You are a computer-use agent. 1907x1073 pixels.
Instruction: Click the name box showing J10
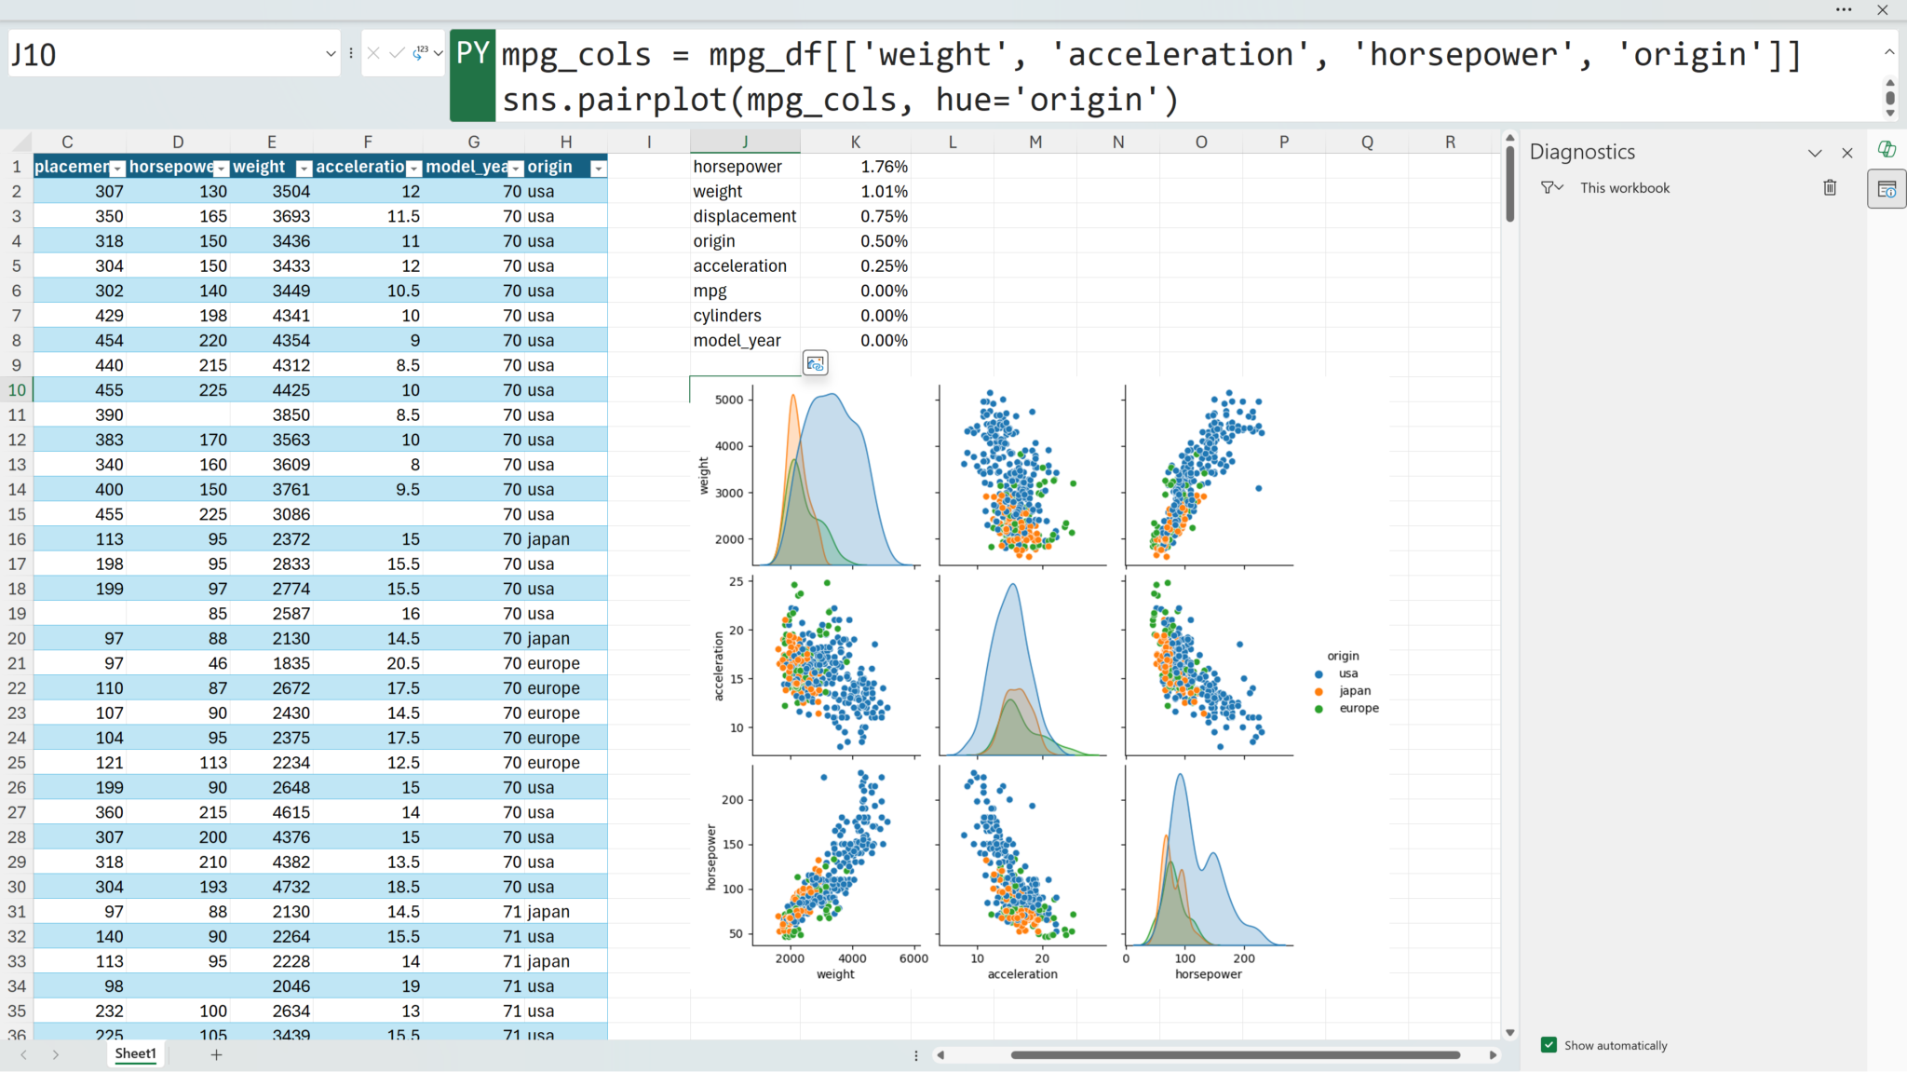[x=168, y=55]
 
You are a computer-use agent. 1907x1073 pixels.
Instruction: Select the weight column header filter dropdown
[x=304, y=169]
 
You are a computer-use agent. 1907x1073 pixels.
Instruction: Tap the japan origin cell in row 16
[x=548, y=539]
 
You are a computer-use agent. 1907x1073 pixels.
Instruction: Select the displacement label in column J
[x=744, y=216]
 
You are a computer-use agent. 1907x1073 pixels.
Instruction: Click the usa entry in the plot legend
[x=1347, y=673]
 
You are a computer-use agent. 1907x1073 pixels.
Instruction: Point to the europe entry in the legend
[x=1358, y=708]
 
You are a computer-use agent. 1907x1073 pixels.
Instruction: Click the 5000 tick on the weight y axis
[x=729, y=401]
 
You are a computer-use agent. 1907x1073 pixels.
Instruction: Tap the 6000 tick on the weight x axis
[x=913, y=958]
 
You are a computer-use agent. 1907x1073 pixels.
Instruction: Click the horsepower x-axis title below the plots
[x=1208, y=974]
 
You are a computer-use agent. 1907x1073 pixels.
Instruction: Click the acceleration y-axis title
[x=718, y=666]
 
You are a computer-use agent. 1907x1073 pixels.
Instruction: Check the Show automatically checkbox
[x=1549, y=1045]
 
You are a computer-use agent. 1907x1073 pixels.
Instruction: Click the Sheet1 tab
[x=135, y=1053]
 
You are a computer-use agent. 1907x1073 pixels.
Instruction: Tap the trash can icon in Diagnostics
[x=1830, y=188]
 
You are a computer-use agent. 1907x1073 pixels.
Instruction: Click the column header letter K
[x=855, y=142]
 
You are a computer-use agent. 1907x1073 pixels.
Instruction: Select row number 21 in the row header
[x=17, y=663]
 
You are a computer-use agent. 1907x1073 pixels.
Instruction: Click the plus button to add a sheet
[x=216, y=1054]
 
